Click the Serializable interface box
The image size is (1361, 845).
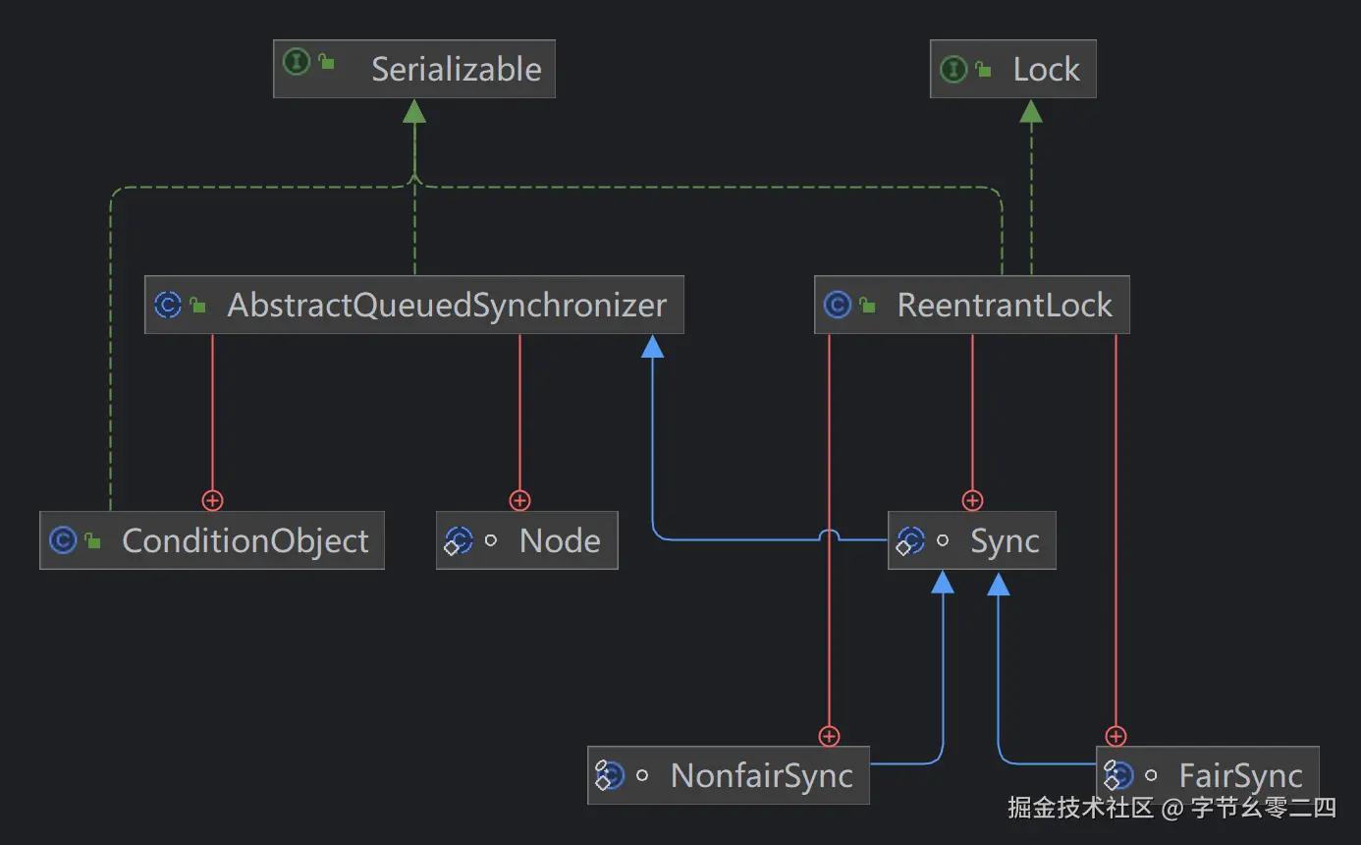(x=413, y=69)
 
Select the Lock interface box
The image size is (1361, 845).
(x=1012, y=69)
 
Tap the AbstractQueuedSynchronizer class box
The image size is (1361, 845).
(x=413, y=305)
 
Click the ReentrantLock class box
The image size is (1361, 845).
(x=971, y=305)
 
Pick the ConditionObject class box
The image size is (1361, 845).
(x=211, y=540)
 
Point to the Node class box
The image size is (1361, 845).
(x=526, y=540)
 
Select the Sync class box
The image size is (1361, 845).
(x=971, y=540)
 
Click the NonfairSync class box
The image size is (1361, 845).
(x=728, y=775)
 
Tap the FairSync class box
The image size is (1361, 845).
(x=1207, y=775)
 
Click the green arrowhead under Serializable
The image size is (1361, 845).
(x=414, y=111)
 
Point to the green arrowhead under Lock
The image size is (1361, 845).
(x=1031, y=111)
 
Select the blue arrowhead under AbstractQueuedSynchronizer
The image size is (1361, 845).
(x=653, y=347)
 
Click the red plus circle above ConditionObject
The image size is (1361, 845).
(x=212, y=500)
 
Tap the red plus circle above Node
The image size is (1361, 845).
(x=519, y=500)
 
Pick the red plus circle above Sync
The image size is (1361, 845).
(x=972, y=500)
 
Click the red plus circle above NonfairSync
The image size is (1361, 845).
(x=829, y=736)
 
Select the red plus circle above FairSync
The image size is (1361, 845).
(x=1116, y=736)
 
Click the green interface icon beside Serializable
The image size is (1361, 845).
(x=297, y=61)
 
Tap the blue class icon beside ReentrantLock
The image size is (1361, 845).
(x=838, y=305)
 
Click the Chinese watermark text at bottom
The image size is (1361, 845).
(x=1172, y=808)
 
